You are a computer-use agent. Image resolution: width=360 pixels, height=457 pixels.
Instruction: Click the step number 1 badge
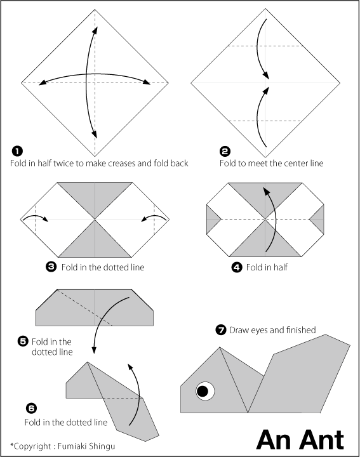(17, 150)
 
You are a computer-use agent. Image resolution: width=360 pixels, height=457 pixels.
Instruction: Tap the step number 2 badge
(225, 150)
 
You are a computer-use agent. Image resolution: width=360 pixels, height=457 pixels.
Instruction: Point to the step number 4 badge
(237, 267)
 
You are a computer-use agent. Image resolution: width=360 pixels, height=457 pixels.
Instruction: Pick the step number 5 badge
(23, 341)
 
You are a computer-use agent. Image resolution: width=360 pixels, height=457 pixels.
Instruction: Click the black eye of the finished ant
(203, 391)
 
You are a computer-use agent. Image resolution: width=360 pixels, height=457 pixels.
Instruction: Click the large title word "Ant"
(320, 439)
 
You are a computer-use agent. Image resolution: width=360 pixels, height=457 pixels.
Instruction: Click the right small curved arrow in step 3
(154, 218)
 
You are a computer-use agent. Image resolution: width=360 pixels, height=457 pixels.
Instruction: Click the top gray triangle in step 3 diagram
(95, 195)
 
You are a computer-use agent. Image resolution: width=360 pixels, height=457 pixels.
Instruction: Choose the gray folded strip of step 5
(95, 308)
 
